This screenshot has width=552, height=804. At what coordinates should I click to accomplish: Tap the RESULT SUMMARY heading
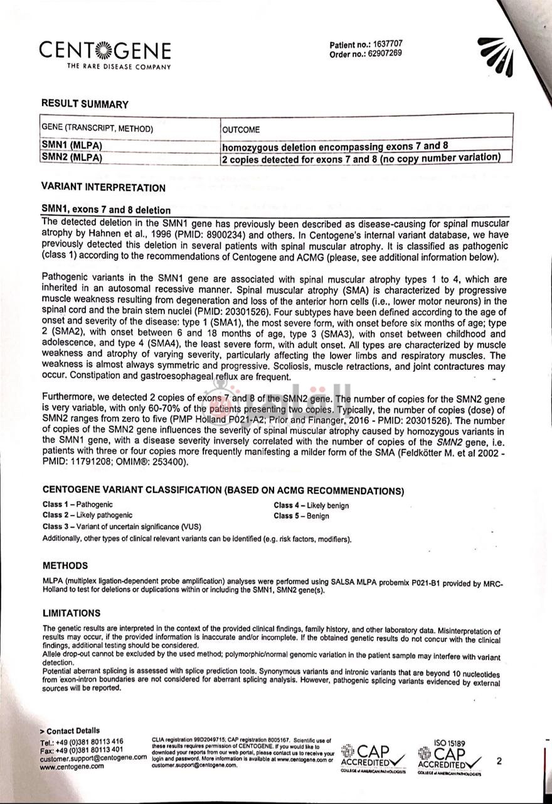tap(85, 104)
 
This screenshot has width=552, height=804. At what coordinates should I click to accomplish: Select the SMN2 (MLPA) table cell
tap(72, 158)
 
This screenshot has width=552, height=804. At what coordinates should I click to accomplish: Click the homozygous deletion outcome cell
tap(335, 146)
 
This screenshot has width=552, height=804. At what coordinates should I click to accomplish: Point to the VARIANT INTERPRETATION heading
tap(103, 187)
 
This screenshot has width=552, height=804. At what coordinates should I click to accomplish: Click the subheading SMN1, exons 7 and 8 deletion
tap(105, 210)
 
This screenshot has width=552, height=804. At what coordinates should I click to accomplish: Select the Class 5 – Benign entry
tap(301, 516)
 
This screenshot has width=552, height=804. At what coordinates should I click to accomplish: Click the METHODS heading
tap(65, 565)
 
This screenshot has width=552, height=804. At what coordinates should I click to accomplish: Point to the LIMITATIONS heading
tap(72, 613)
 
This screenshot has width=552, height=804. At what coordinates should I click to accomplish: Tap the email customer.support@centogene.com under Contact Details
tap(93, 758)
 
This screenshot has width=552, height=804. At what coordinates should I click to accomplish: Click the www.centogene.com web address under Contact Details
tap(72, 766)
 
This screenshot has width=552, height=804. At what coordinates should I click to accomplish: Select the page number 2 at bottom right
tap(499, 761)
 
